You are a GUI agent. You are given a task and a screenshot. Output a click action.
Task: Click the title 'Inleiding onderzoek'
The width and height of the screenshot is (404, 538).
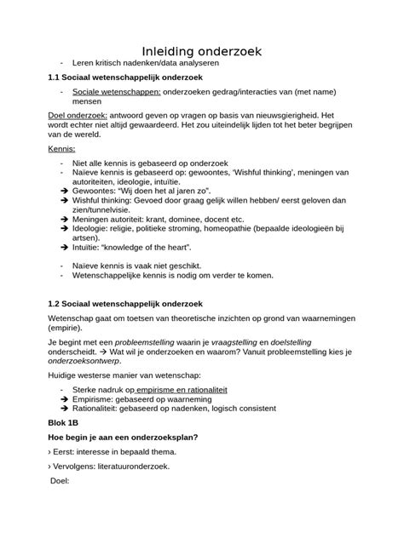click(x=201, y=53)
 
